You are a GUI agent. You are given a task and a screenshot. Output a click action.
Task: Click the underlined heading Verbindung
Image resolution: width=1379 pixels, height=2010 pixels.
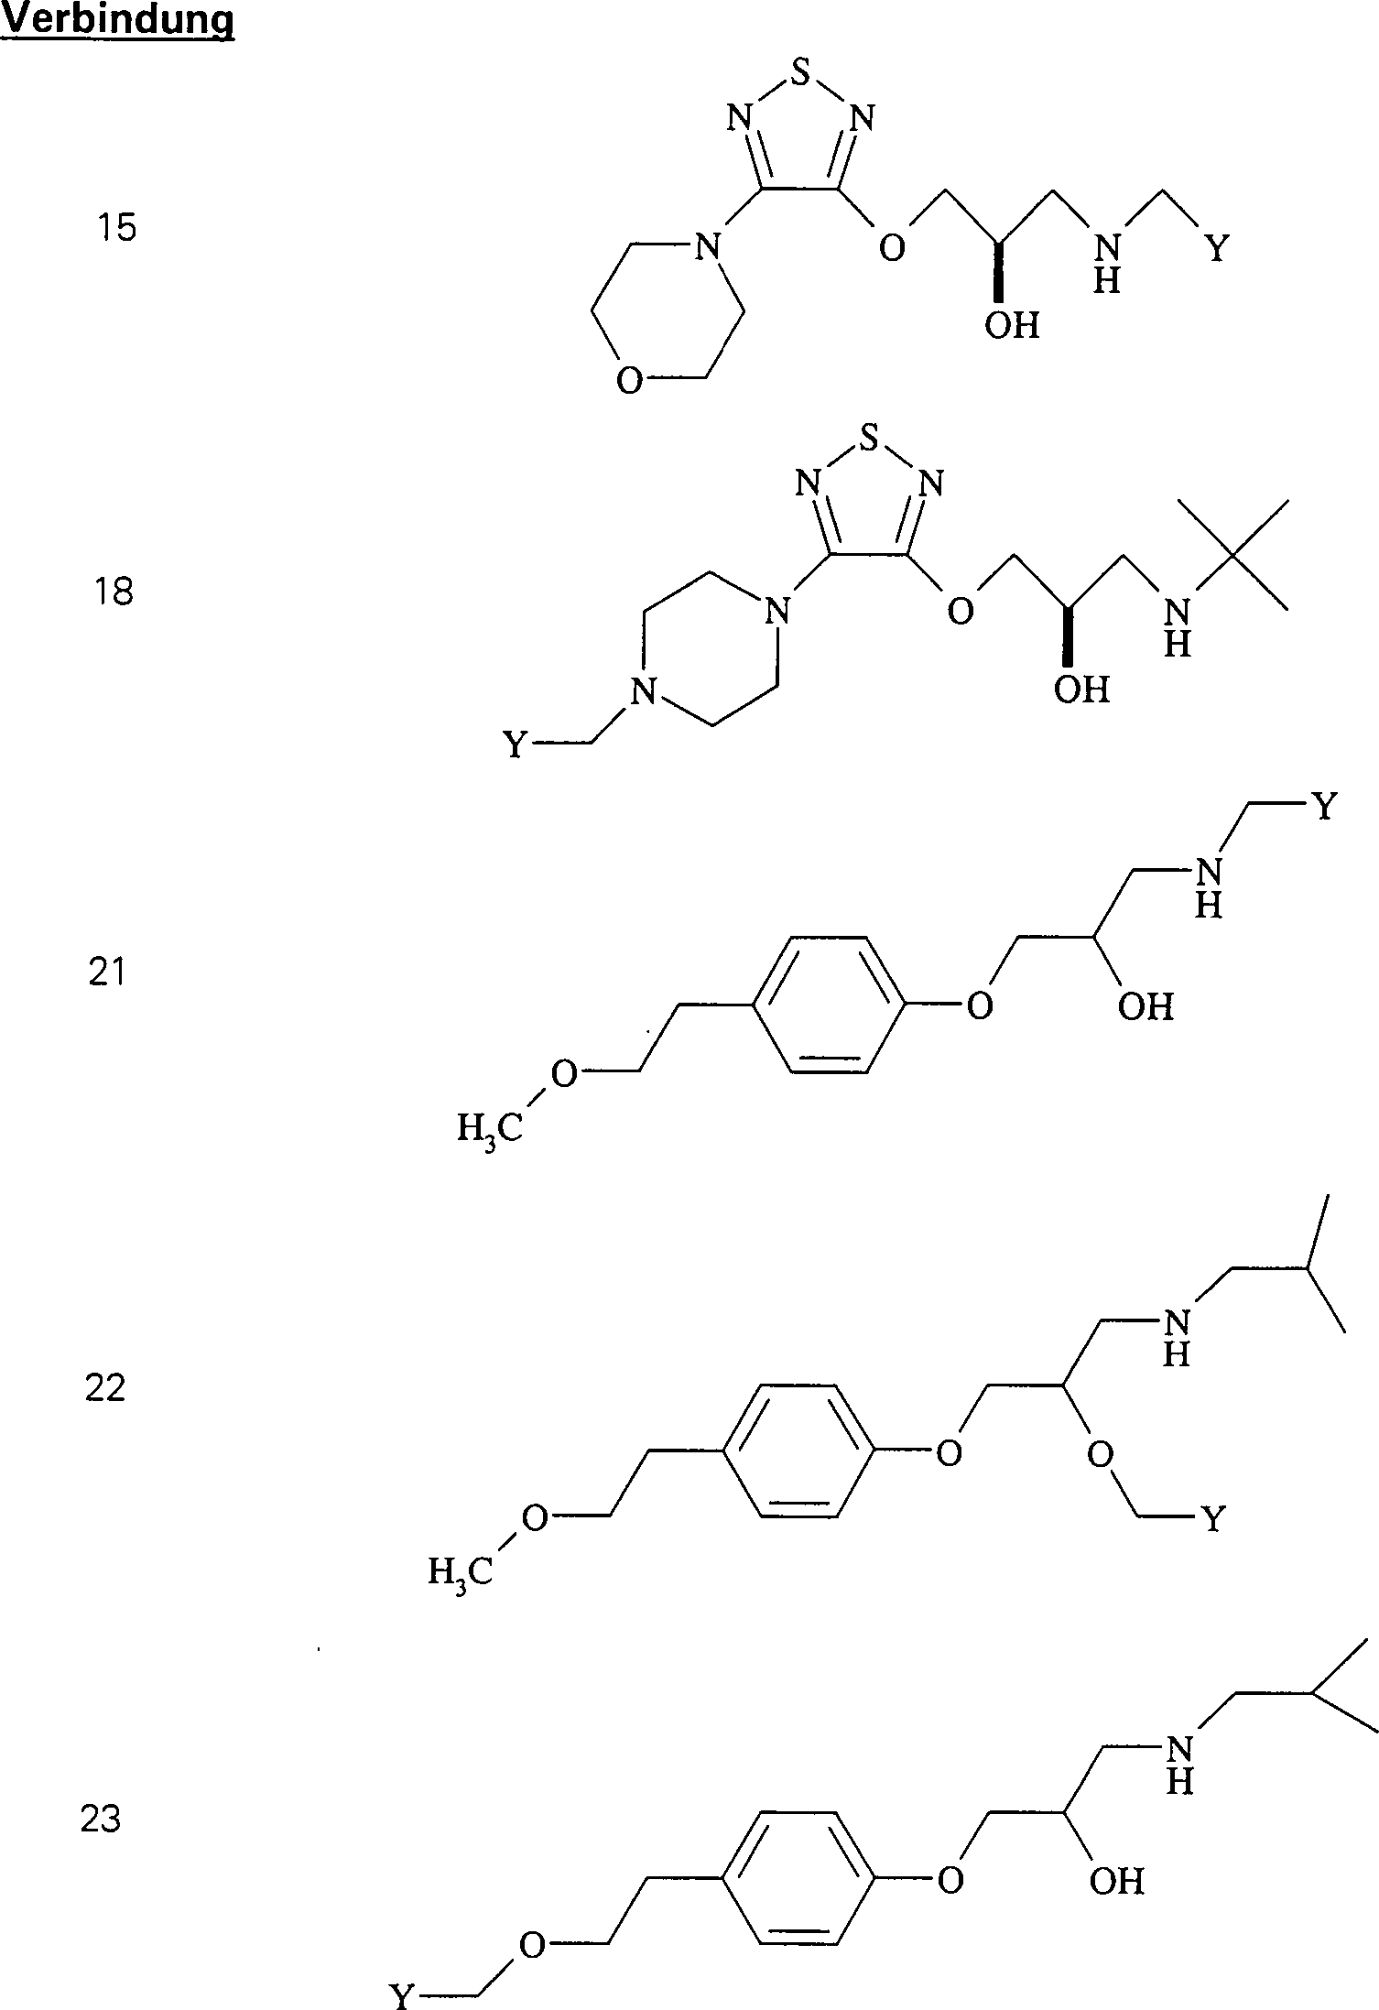click(x=117, y=20)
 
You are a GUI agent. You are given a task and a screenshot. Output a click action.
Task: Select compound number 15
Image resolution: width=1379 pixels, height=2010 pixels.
click(x=117, y=226)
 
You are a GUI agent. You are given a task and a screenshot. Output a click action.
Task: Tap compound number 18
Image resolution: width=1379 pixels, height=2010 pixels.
click(x=113, y=592)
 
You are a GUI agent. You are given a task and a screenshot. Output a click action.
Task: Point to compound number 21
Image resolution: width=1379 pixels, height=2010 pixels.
click(x=106, y=972)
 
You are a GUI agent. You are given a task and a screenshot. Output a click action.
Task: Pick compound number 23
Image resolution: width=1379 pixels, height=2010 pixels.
click(x=101, y=1819)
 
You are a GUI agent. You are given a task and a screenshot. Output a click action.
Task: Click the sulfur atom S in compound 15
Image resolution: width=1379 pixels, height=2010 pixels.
click(x=802, y=73)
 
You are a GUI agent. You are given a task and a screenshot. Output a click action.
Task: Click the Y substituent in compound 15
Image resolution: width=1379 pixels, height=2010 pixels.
click(x=1217, y=248)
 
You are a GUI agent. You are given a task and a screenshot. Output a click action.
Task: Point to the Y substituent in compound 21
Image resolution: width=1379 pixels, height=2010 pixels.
click(x=1325, y=807)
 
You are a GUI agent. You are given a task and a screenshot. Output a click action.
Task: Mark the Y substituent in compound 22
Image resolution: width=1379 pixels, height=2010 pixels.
click(x=1212, y=1520)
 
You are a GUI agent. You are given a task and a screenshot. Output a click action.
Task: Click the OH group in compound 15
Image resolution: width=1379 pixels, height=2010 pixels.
click(x=1012, y=325)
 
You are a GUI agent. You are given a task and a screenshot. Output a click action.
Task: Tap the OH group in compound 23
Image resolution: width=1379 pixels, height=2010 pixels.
click(x=1117, y=1881)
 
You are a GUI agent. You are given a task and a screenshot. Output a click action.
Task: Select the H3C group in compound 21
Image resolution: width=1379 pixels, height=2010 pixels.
click(x=490, y=1128)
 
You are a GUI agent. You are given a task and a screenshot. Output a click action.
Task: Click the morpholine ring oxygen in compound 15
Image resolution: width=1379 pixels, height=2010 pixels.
click(x=629, y=380)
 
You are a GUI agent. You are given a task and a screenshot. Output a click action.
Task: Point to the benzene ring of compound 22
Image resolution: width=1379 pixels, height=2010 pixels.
click(x=797, y=1451)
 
